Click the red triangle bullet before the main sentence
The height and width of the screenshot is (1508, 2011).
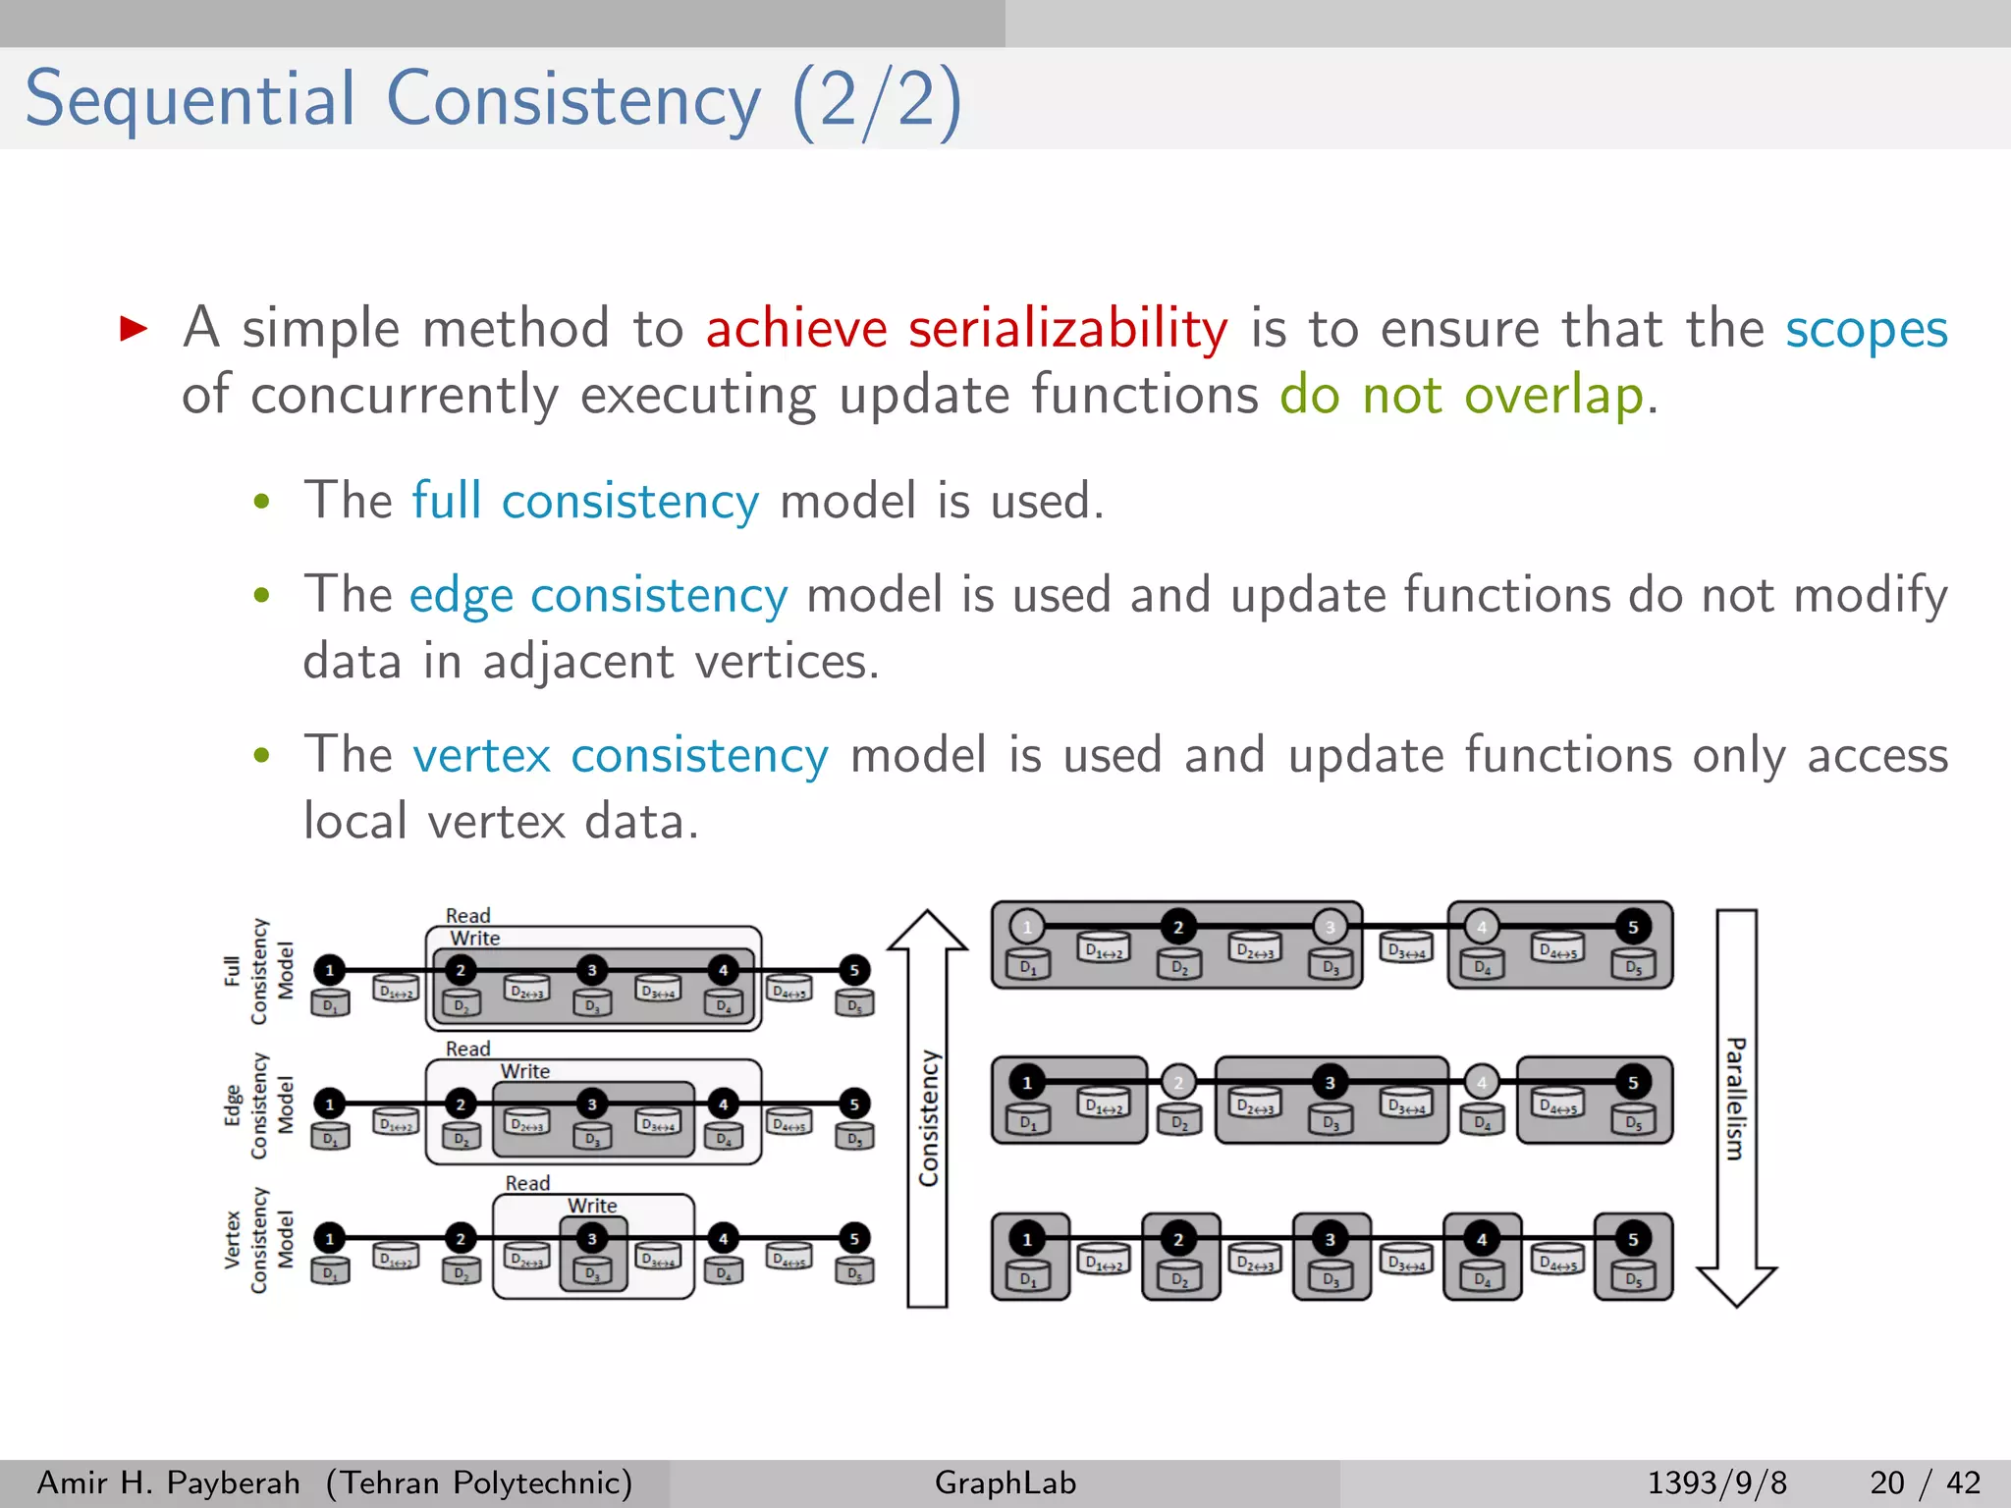coord(134,328)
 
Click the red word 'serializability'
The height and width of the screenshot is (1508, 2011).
coord(1067,329)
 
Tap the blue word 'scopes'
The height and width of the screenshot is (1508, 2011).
coord(1866,329)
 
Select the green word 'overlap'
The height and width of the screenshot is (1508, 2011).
coord(1553,396)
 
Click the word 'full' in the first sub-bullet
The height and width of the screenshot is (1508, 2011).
coord(446,500)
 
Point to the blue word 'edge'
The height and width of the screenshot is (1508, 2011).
coord(461,596)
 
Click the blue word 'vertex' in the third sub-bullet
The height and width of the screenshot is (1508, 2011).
coord(481,756)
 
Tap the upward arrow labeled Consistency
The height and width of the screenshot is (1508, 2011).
coord(927,1109)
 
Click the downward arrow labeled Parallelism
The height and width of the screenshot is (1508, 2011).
coord(1736,1109)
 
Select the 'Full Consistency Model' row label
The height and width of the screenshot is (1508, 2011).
coord(258,971)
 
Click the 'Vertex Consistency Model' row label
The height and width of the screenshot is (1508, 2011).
coord(258,1240)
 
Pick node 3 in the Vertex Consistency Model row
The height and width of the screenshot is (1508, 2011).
coord(592,1239)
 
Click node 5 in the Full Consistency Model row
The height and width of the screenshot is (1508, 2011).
coord(854,970)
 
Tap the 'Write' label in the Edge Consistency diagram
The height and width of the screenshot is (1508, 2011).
coord(525,1071)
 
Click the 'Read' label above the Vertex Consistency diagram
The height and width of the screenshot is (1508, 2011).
coord(527,1183)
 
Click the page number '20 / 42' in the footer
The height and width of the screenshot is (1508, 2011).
coord(1925,1482)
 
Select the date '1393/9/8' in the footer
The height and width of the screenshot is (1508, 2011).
coord(1716,1482)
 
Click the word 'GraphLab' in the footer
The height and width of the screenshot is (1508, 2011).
coord(1005,1482)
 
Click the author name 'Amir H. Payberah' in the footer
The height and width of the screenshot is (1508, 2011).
coord(168,1482)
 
